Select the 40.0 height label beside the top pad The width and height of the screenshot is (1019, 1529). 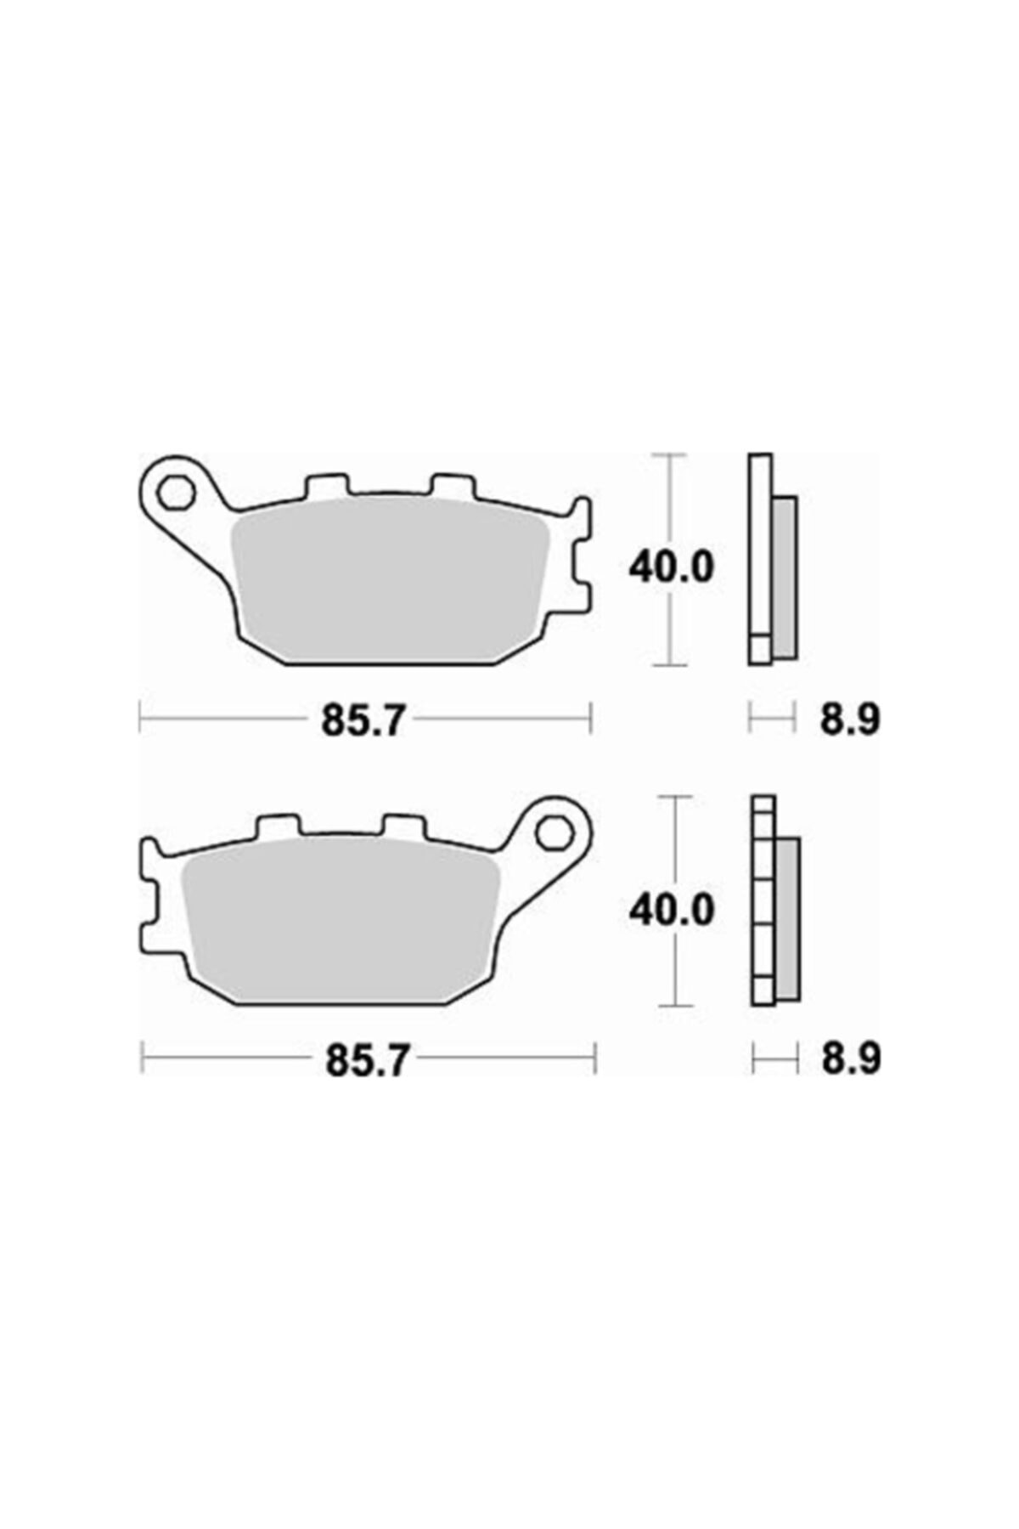pos(670,567)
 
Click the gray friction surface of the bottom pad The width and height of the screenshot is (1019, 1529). pos(340,922)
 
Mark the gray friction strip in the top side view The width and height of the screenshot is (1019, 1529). pos(784,578)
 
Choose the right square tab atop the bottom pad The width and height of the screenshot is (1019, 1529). pos(403,826)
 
